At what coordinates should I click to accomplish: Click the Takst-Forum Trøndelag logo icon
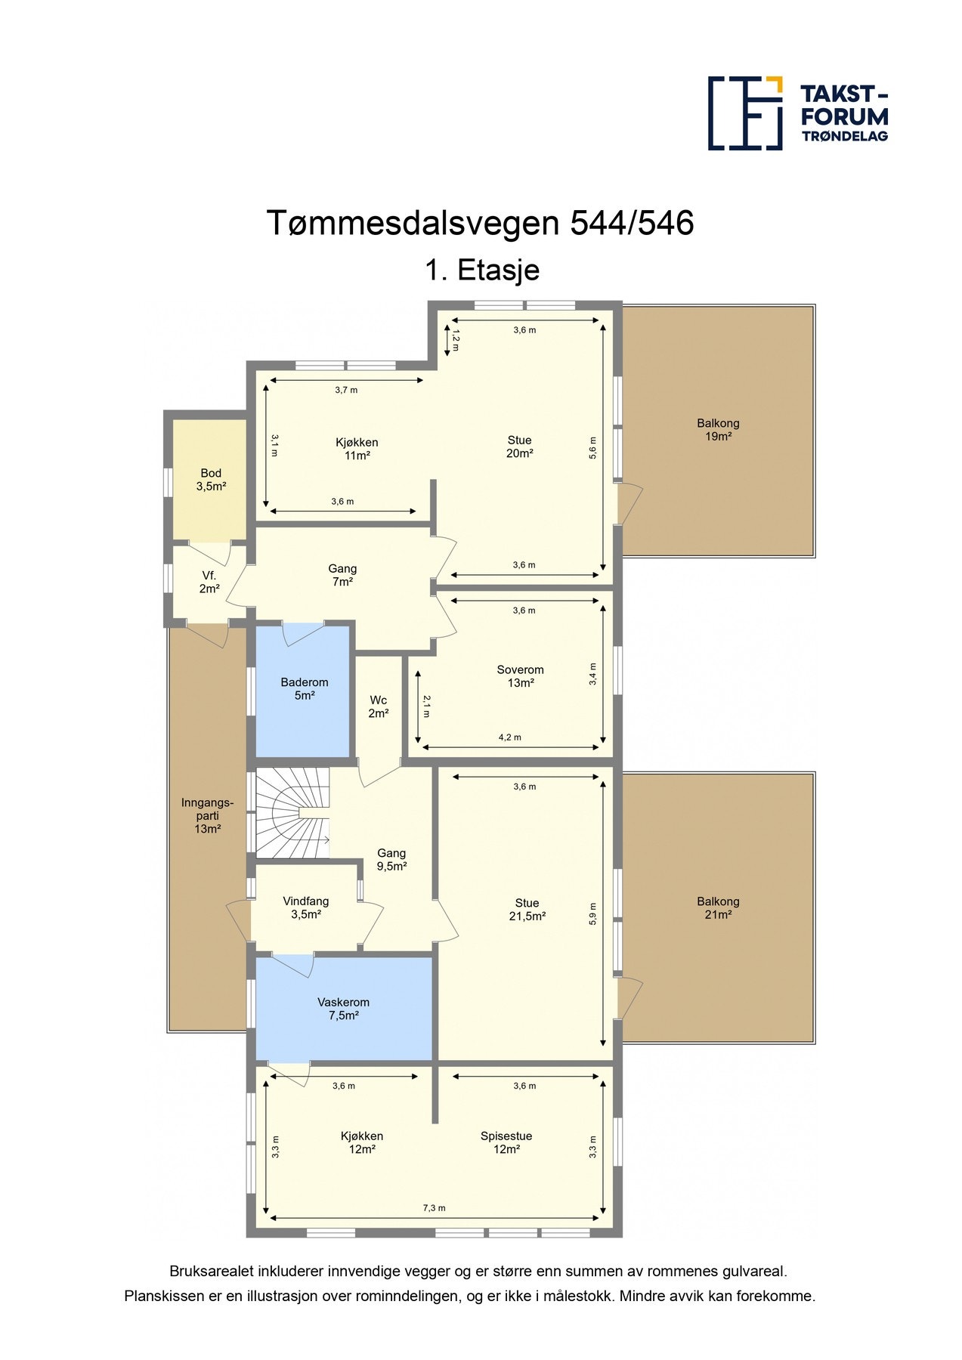[744, 113]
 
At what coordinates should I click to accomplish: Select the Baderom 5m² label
[304, 688]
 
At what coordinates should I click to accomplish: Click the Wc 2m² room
[379, 706]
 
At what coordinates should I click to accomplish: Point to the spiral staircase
[292, 813]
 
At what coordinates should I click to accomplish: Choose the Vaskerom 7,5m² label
[343, 1009]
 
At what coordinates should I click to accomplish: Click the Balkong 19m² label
[718, 430]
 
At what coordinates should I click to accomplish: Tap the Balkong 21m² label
[718, 907]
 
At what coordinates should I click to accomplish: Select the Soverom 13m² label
[520, 675]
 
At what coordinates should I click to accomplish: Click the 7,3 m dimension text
[434, 1207]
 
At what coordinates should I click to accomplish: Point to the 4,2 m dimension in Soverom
[509, 737]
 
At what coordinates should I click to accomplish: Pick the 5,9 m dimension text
[593, 913]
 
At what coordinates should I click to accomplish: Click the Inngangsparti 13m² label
[207, 816]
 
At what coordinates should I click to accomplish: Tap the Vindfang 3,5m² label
[305, 907]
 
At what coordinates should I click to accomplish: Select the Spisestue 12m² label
[506, 1142]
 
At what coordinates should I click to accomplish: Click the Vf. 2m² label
[209, 582]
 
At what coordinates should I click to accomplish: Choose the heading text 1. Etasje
[481, 270]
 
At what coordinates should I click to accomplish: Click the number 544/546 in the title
[632, 223]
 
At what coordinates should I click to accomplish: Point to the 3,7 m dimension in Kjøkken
[346, 390]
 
